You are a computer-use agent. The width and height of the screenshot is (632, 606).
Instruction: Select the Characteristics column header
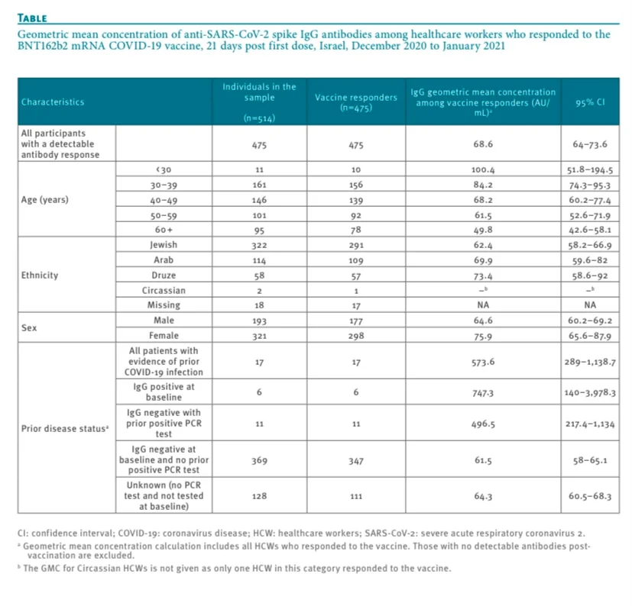[53, 102]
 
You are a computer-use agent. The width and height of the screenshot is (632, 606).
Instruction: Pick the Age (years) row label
[45, 200]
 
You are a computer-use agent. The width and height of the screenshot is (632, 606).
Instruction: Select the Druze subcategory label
[164, 275]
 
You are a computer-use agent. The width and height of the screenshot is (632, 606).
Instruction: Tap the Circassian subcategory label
[164, 290]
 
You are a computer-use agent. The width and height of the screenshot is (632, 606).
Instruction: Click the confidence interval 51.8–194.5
[591, 170]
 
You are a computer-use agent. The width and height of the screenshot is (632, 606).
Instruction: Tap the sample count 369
[259, 461]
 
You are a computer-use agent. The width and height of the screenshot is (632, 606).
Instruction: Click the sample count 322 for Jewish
[259, 245]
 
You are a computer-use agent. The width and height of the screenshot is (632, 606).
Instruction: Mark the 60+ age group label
[164, 230]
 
